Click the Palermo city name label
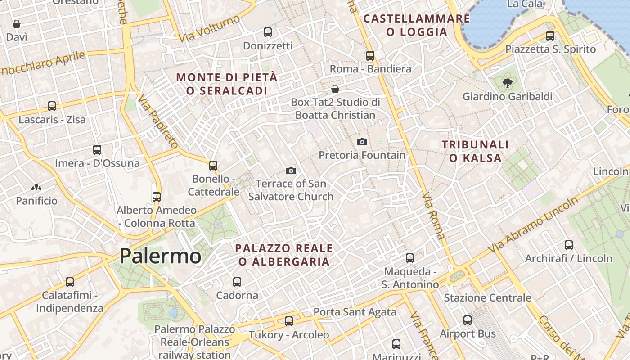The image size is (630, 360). pyautogui.click(x=160, y=256)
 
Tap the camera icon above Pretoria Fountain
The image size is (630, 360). pyautogui.click(x=362, y=142)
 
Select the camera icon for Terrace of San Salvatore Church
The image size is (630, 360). pyautogui.click(x=291, y=171)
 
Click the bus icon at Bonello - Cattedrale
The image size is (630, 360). pyautogui.click(x=213, y=166)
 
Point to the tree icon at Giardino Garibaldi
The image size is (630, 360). pyautogui.click(x=508, y=83)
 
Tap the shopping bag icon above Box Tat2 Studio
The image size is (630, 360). pyautogui.click(x=335, y=89)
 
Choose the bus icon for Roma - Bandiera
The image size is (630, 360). pyautogui.click(x=370, y=56)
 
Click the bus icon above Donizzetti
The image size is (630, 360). pyautogui.click(x=268, y=32)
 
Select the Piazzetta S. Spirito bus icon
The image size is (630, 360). pyautogui.click(x=550, y=36)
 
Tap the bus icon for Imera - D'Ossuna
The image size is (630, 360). pyautogui.click(x=97, y=150)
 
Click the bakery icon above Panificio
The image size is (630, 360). pyautogui.click(x=36, y=188)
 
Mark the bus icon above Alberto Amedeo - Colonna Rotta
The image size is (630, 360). pyautogui.click(x=157, y=197)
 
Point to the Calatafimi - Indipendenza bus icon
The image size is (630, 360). pyautogui.click(x=70, y=282)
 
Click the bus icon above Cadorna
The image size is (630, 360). pyautogui.click(x=237, y=282)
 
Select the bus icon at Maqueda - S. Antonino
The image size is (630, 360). pyautogui.click(x=410, y=258)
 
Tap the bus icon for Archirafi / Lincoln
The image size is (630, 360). pyautogui.click(x=569, y=245)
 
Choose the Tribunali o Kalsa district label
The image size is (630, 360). pyautogui.click(x=475, y=151)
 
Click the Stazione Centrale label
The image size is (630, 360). pyautogui.click(x=487, y=298)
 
